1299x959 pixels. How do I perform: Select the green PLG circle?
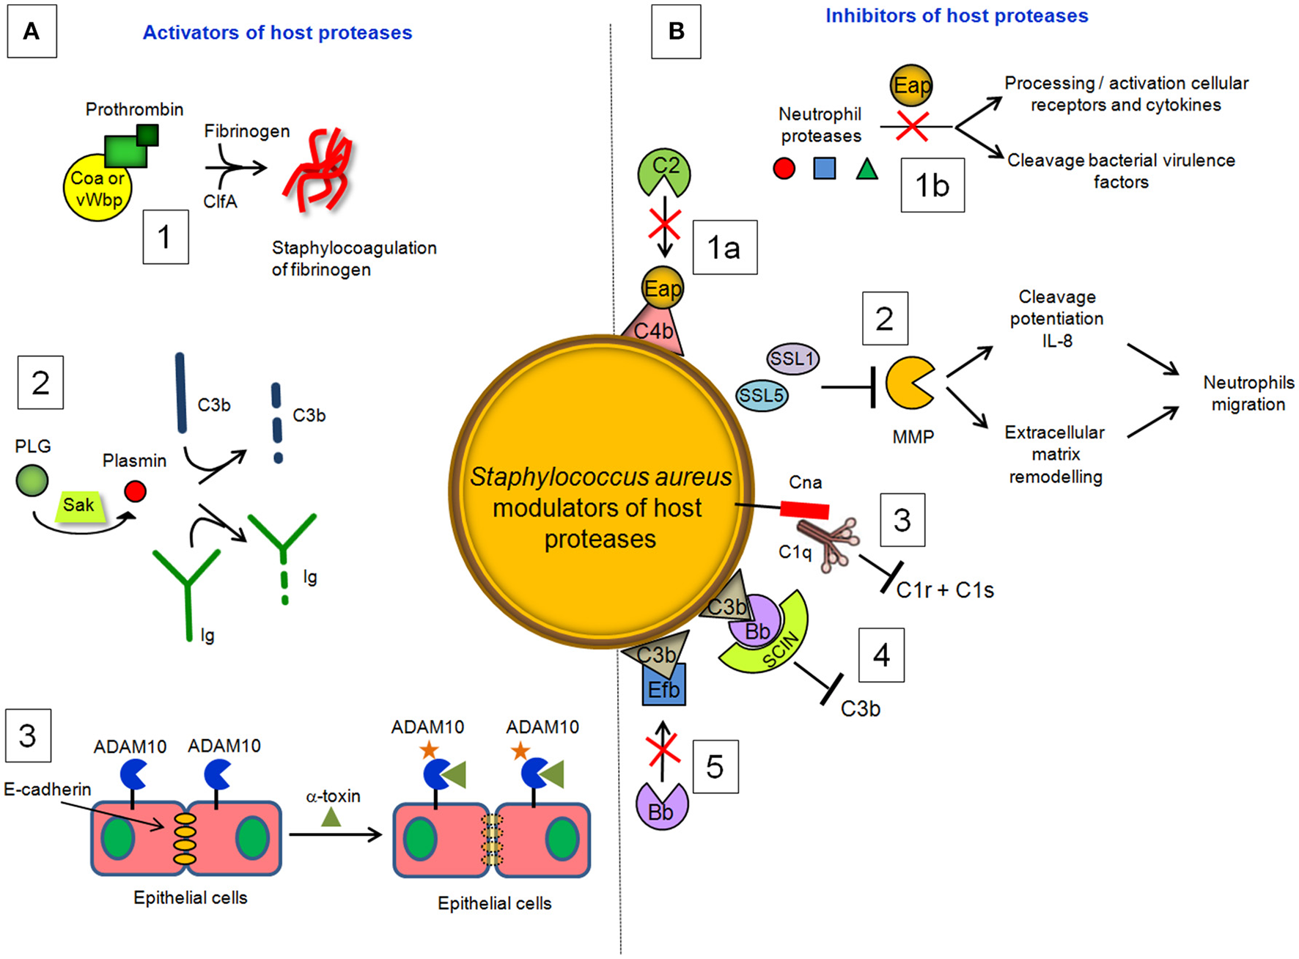[x=32, y=481]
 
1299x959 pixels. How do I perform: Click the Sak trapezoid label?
[x=78, y=505]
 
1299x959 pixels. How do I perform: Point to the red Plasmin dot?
[x=135, y=490]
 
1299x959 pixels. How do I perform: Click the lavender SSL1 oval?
[x=792, y=359]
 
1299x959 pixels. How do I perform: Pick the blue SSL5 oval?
[x=762, y=396]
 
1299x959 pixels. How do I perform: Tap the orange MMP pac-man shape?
[x=908, y=383]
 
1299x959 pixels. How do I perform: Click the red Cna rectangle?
[x=804, y=509]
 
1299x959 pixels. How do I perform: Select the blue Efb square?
[x=663, y=686]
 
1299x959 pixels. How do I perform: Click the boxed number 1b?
[x=932, y=185]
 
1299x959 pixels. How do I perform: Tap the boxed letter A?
[x=32, y=32]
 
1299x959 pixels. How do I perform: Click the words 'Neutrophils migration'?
[x=1248, y=393]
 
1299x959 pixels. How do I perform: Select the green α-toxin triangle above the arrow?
[x=331, y=817]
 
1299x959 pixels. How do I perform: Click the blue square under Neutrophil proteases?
[x=825, y=169]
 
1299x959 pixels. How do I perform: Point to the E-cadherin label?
[x=48, y=789]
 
